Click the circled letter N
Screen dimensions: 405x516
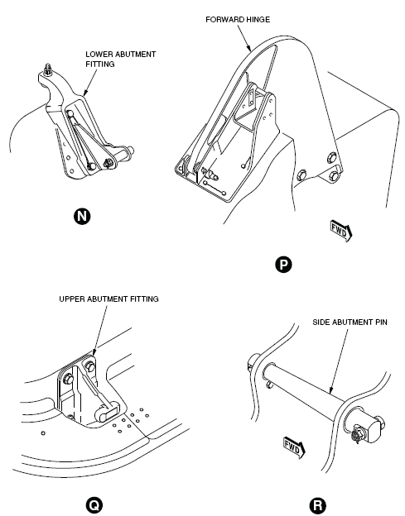pyautogui.click(x=82, y=217)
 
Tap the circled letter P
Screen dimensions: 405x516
pyautogui.click(x=283, y=265)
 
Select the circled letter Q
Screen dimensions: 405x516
pyautogui.click(x=94, y=504)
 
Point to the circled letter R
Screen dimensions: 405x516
pyautogui.click(x=318, y=505)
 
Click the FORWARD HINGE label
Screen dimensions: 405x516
pyautogui.click(x=238, y=20)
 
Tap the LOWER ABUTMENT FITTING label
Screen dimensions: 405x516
pyautogui.click(x=121, y=60)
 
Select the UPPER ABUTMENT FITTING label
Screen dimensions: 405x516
pyautogui.click(x=108, y=299)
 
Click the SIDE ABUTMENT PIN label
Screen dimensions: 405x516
pyautogui.click(x=350, y=322)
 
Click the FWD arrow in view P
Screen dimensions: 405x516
pyautogui.click(x=341, y=231)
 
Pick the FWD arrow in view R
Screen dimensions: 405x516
pyautogui.click(x=294, y=448)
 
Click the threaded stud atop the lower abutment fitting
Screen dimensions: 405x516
pyautogui.click(x=48, y=69)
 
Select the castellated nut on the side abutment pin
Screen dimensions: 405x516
pyautogui.click(x=357, y=435)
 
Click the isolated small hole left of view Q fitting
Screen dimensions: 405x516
pyautogui.click(x=43, y=433)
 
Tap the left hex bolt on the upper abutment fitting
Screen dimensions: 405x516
pyautogui.click(x=68, y=379)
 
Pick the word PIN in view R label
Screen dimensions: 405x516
pyautogui.click(x=381, y=322)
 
